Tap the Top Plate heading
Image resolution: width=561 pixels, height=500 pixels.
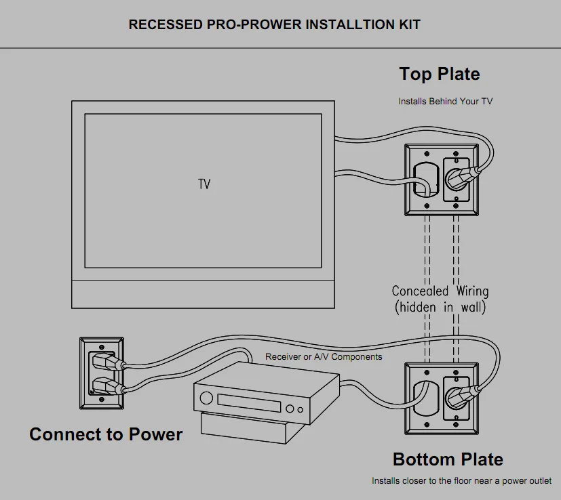439,74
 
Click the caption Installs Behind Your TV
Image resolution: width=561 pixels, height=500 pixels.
445,102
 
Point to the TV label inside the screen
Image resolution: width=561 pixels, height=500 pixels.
204,184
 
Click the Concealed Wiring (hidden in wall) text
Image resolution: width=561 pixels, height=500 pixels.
440,298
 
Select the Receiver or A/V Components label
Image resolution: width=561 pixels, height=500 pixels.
324,356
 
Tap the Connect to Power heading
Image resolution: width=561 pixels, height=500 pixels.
106,434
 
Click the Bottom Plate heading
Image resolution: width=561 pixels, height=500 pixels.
448,459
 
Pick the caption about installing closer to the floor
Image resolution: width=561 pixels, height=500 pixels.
461,480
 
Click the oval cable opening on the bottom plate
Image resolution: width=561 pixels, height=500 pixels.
424,397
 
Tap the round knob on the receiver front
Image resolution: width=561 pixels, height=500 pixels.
290,409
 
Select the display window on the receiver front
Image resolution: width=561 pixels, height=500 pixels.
248,402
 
